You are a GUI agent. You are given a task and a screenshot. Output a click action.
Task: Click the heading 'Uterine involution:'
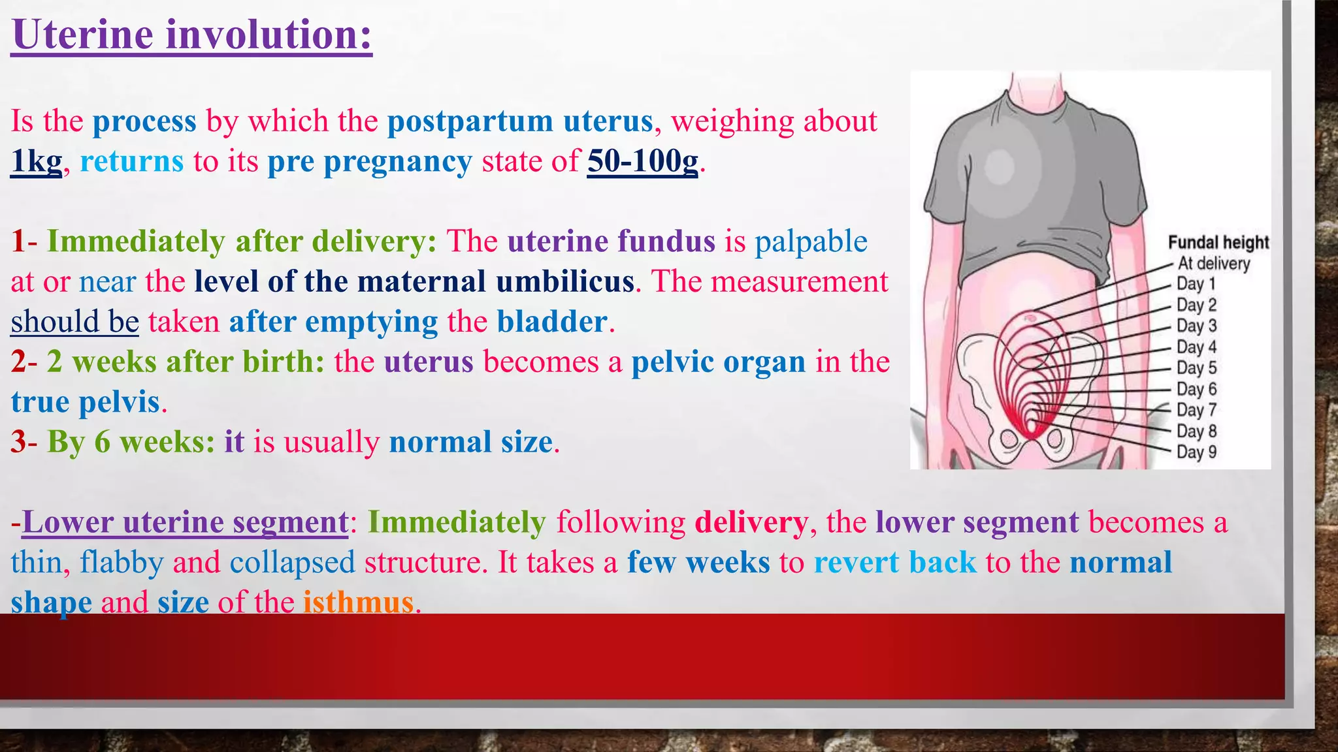click(x=191, y=35)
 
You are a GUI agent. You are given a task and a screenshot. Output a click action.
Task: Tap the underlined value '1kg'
click(x=37, y=161)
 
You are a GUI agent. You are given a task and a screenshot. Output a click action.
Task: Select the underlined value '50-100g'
click(x=643, y=161)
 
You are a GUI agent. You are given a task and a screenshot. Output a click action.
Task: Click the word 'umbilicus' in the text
click(x=565, y=281)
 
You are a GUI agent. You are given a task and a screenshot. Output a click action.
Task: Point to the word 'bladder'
click(x=552, y=322)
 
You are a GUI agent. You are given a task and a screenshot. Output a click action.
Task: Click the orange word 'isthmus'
click(x=358, y=602)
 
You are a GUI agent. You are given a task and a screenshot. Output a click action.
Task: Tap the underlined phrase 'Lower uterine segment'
click(x=185, y=522)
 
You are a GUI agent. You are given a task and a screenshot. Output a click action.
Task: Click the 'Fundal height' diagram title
click(x=1218, y=243)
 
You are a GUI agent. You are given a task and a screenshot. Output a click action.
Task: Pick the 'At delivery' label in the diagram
click(x=1214, y=264)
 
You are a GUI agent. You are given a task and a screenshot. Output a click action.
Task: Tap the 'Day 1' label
click(x=1196, y=284)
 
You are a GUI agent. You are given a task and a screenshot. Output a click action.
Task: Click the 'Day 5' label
click(x=1196, y=368)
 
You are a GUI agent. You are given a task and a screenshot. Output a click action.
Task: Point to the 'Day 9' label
click(x=1196, y=452)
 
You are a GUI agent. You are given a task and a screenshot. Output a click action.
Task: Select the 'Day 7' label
click(x=1196, y=410)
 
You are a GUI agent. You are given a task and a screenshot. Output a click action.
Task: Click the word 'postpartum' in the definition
click(x=470, y=121)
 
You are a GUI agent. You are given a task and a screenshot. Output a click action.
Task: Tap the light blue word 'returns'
click(x=132, y=161)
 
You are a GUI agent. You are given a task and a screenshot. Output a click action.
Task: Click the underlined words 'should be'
click(x=74, y=322)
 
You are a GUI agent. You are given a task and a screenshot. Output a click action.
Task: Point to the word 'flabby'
click(x=122, y=562)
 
